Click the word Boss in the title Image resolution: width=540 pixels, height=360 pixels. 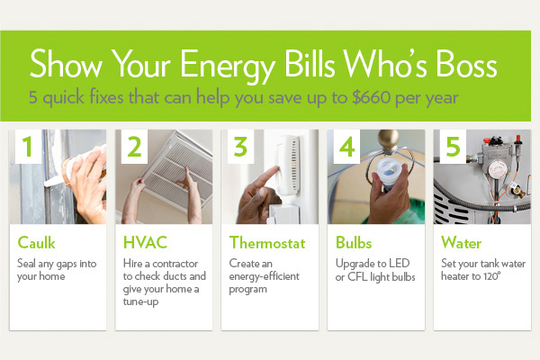click(x=466, y=64)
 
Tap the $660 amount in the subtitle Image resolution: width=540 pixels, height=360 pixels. click(x=372, y=97)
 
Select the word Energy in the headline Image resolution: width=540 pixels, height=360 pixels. click(x=228, y=66)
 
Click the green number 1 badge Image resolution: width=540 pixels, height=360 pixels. click(x=28, y=147)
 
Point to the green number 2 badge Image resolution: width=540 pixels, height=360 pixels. click(x=134, y=147)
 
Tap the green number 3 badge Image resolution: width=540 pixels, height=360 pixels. click(x=240, y=147)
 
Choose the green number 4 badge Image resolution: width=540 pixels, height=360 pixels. click(x=346, y=147)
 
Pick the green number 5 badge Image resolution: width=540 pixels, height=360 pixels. click(x=453, y=147)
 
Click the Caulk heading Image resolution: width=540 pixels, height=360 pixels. click(x=36, y=242)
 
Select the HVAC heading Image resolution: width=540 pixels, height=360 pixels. click(x=145, y=242)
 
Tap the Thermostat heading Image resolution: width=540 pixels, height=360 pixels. click(x=267, y=242)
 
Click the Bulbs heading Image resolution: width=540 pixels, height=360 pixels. click(x=354, y=242)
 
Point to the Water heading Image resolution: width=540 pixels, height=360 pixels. click(x=461, y=242)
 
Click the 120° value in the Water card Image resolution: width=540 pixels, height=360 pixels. click(x=491, y=276)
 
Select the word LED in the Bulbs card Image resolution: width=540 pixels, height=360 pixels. click(x=399, y=263)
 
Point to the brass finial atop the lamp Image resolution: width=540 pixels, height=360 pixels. click(x=389, y=139)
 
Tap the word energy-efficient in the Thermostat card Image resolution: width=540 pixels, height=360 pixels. click(x=264, y=276)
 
